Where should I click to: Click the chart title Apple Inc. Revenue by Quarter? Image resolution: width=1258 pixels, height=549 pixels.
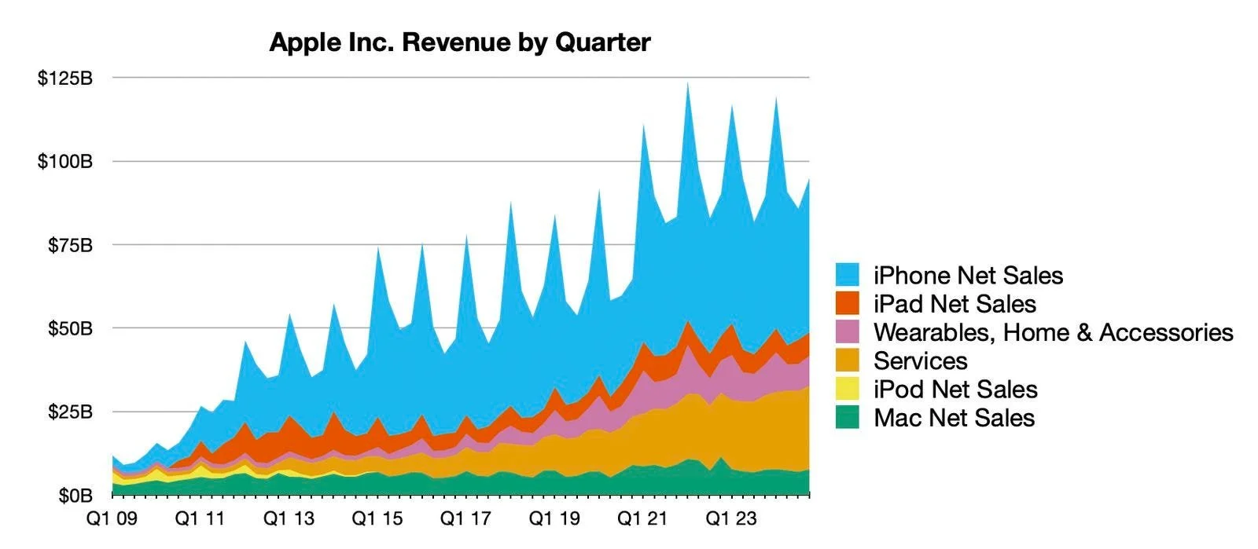click(x=460, y=42)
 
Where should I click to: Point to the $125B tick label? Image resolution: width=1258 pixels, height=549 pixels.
click(x=64, y=79)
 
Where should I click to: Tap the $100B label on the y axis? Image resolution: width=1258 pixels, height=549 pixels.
click(x=64, y=162)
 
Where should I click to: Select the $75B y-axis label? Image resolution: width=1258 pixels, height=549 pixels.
click(x=69, y=245)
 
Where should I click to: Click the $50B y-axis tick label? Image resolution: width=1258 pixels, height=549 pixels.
click(x=69, y=328)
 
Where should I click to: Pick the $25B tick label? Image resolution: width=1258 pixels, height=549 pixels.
click(x=69, y=412)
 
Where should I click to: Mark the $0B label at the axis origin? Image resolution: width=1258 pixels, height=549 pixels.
click(x=74, y=496)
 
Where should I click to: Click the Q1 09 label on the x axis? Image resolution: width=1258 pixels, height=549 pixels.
click(x=112, y=518)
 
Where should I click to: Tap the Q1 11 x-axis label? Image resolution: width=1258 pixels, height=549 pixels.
click(x=200, y=518)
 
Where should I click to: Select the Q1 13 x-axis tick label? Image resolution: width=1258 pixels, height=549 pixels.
click(x=289, y=518)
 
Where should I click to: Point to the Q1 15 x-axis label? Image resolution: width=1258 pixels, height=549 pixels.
click(x=377, y=518)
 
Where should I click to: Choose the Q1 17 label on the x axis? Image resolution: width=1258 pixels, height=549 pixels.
click(x=465, y=518)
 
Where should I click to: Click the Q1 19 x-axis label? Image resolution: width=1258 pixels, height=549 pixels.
click(x=554, y=518)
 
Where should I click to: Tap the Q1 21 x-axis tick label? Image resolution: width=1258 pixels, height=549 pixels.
click(x=642, y=518)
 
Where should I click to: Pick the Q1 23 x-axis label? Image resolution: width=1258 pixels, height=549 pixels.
click(x=731, y=518)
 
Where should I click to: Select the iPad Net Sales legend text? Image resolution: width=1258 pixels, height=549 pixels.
click(x=955, y=304)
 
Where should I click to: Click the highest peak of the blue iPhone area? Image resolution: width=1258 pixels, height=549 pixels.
click(x=688, y=84)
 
